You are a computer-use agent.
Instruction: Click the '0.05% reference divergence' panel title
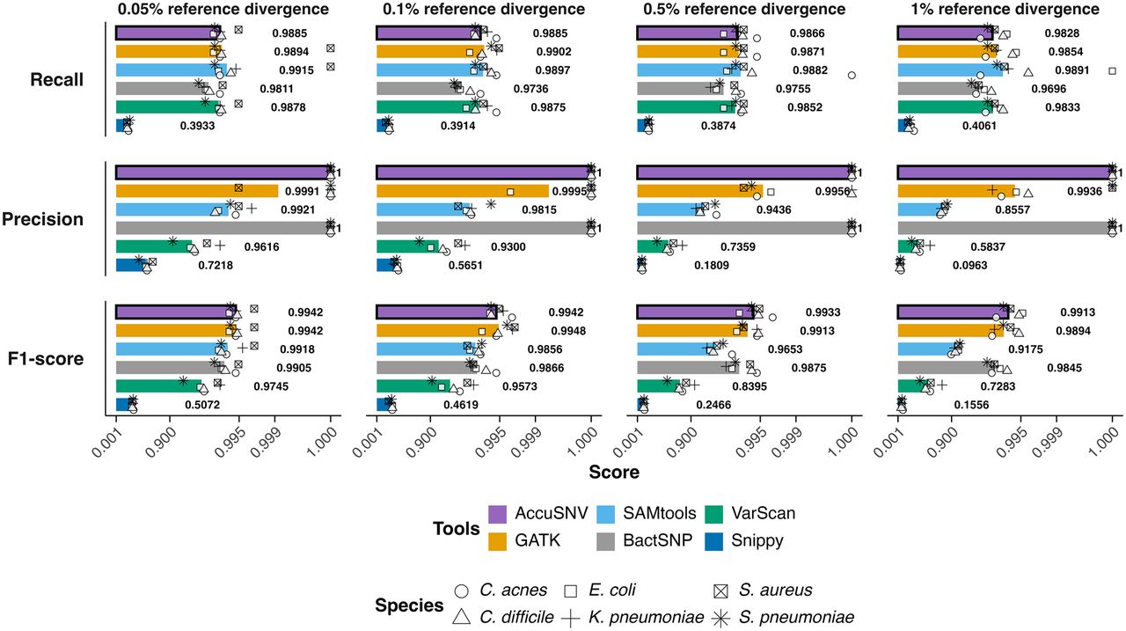(x=223, y=9)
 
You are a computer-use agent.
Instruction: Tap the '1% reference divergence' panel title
(x=1005, y=9)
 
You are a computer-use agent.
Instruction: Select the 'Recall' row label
(x=57, y=79)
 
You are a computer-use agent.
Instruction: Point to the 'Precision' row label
(x=43, y=219)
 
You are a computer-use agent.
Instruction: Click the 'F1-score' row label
(x=46, y=358)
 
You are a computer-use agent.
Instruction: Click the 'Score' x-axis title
(x=614, y=472)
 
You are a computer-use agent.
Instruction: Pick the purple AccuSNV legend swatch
(x=498, y=514)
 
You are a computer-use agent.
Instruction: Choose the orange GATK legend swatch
(x=498, y=541)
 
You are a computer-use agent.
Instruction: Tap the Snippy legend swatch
(x=713, y=541)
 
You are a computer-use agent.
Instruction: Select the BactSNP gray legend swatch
(x=606, y=541)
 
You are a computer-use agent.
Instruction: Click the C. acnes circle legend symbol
(x=462, y=591)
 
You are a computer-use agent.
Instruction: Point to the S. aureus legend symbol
(x=721, y=591)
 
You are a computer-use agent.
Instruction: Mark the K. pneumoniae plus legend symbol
(x=571, y=618)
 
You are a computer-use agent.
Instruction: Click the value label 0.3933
(x=198, y=126)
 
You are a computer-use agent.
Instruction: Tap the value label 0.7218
(x=216, y=266)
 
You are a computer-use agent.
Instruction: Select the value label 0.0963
(x=970, y=266)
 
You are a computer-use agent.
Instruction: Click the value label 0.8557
(x=1013, y=209)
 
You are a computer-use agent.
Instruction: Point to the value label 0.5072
(x=202, y=405)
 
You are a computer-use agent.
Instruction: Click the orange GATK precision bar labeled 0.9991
(x=197, y=191)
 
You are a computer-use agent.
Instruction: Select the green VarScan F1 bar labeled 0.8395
(x=659, y=386)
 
